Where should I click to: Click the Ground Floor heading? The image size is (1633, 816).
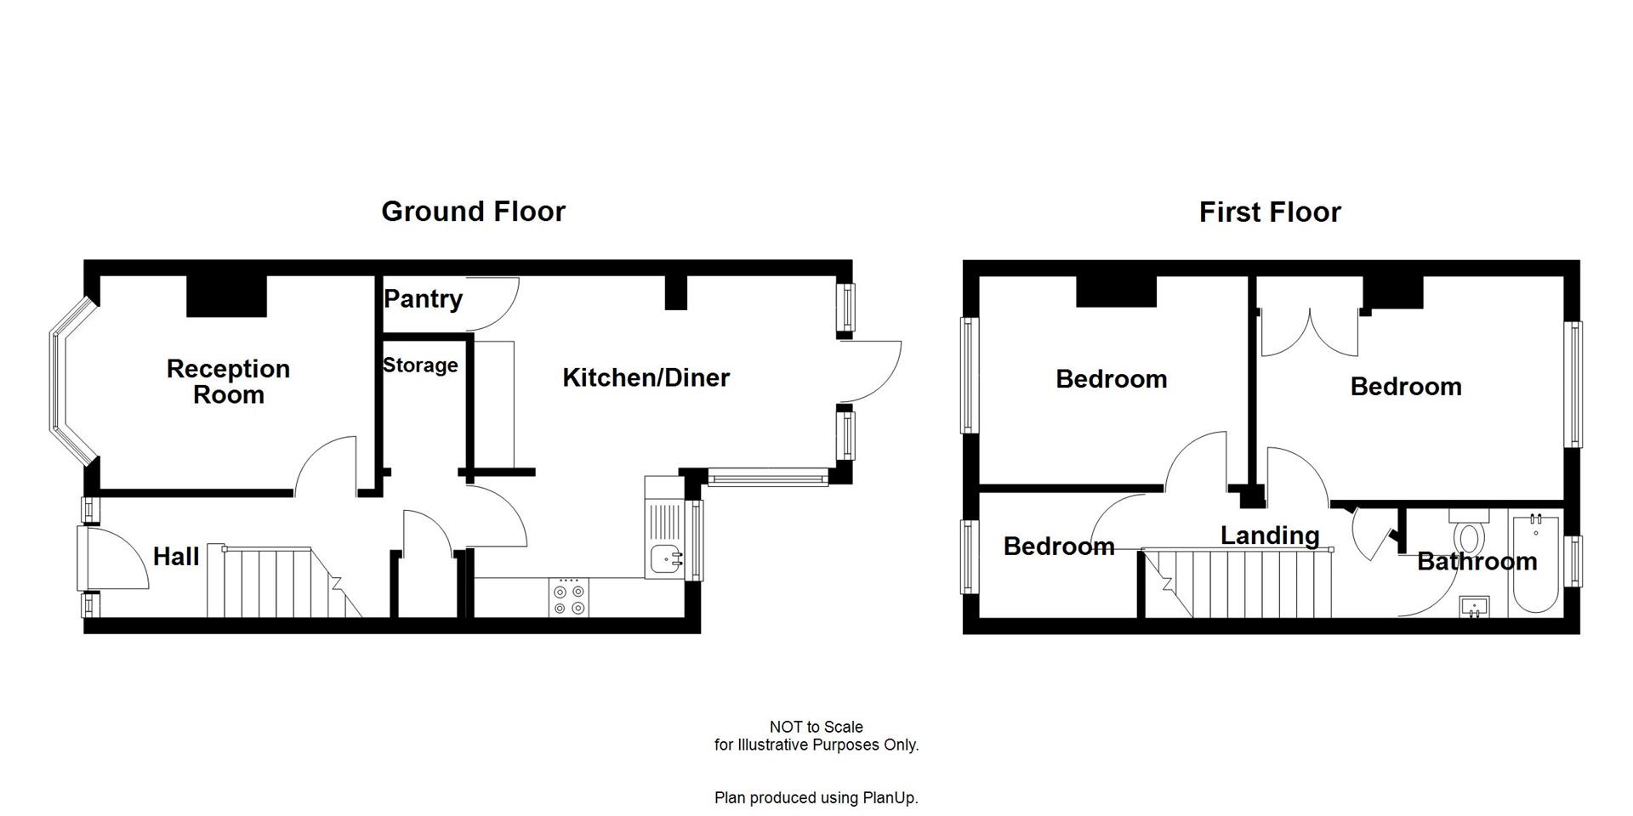[x=473, y=212]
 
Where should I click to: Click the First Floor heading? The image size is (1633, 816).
[x=1269, y=212]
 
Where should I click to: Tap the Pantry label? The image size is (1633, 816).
[x=423, y=299]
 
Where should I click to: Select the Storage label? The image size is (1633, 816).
[x=420, y=365]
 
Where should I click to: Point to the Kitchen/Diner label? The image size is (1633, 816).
[x=646, y=377]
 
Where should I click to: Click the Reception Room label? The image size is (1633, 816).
[x=228, y=382]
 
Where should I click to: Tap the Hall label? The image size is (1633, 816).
[x=176, y=557]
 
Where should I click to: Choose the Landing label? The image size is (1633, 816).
[x=1269, y=535]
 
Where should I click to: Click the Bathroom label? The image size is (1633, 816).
[x=1477, y=561]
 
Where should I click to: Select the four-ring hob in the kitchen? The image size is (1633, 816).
[x=568, y=598]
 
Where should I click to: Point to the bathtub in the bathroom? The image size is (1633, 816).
[x=1535, y=563]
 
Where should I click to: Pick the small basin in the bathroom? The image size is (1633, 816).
[x=1474, y=607]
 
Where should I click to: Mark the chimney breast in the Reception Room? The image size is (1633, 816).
[x=226, y=296]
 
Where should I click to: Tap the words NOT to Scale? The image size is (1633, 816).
[x=816, y=727]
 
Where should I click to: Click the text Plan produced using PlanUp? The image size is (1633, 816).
[x=816, y=798]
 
